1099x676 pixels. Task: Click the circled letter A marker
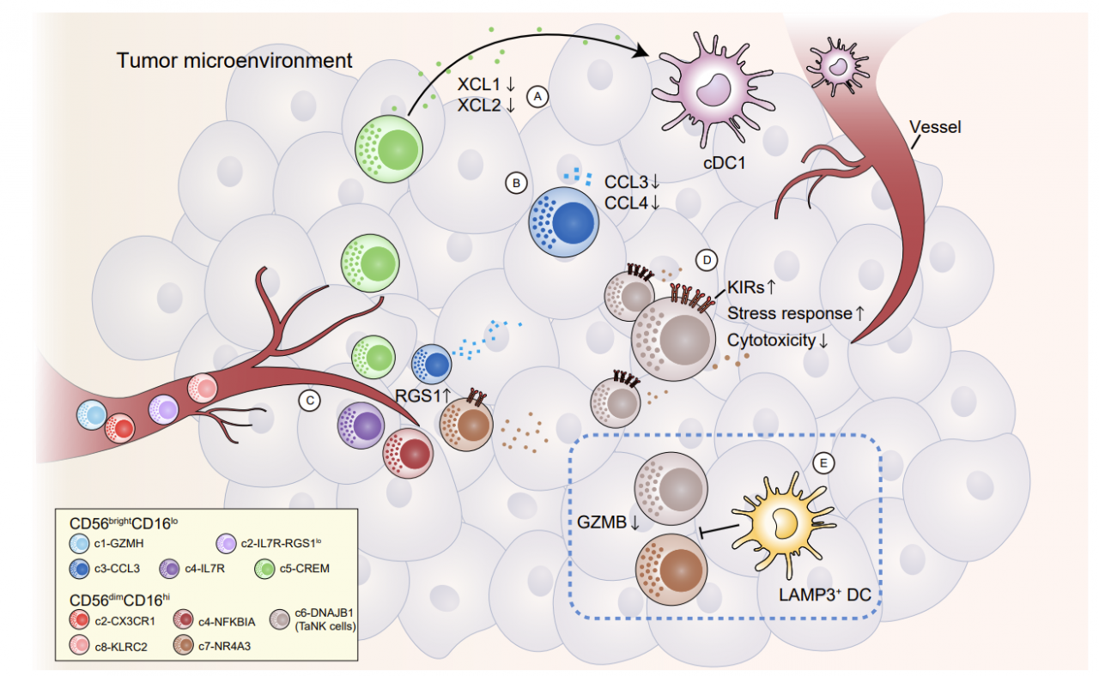tap(538, 96)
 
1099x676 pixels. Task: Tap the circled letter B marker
tap(516, 182)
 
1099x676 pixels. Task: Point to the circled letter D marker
tap(706, 258)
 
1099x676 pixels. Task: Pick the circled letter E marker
tap(823, 463)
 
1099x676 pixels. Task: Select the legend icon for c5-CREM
tap(267, 567)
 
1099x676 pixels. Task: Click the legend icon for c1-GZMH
tap(81, 542)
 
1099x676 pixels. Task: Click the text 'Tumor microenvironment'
tap(235, 61)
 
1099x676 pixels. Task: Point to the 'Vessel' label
tap(934, 127)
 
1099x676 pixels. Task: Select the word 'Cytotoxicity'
tap(772, 340)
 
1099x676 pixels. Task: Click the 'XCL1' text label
tap(479, 86)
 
